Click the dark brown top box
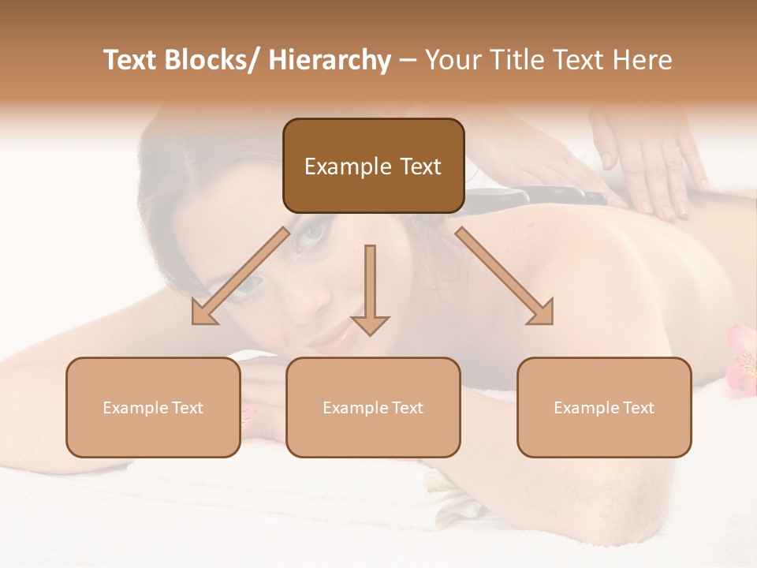pyautogui.click(x=373, y=166)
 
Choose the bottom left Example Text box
pyautogui.click(x=153, y=407)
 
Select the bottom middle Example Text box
pyautogui.click(x=373, y=407)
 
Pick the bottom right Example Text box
pyautogui.click(x=604, y=407)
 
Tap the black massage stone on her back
pyautogui.click(x=552, y=194)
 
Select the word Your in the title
pyautogui.click(x=450, y=60)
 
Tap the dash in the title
pyautogui.click(x=408, y=60)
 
